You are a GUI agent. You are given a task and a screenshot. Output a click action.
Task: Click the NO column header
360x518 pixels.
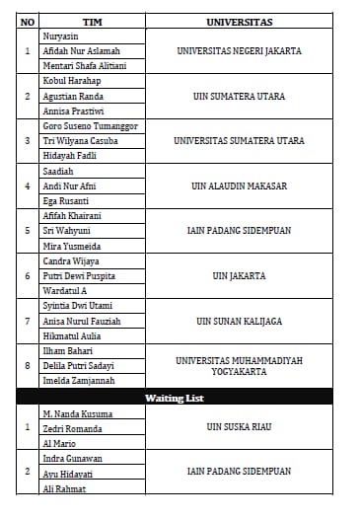pyautogui.click(x=28, y=21)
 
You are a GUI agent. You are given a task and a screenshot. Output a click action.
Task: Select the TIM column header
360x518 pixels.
pyautogui.click(x=92, y=21)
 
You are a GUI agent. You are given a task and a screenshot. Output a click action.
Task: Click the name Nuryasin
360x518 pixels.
pyautogui.click(x=62, y=36)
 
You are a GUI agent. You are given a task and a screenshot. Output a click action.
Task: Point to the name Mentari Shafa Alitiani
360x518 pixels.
pyautogui.click(x=85, y=65)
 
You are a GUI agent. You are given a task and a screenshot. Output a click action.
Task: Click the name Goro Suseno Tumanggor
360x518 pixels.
pyautogui.click(x=90, y=126)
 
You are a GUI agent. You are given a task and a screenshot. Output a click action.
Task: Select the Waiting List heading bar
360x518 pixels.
pyautogui.click(x=180, y=398)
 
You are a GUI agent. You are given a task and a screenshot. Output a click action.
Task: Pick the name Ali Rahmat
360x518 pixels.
pyautogui.click(x=65, y=488)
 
